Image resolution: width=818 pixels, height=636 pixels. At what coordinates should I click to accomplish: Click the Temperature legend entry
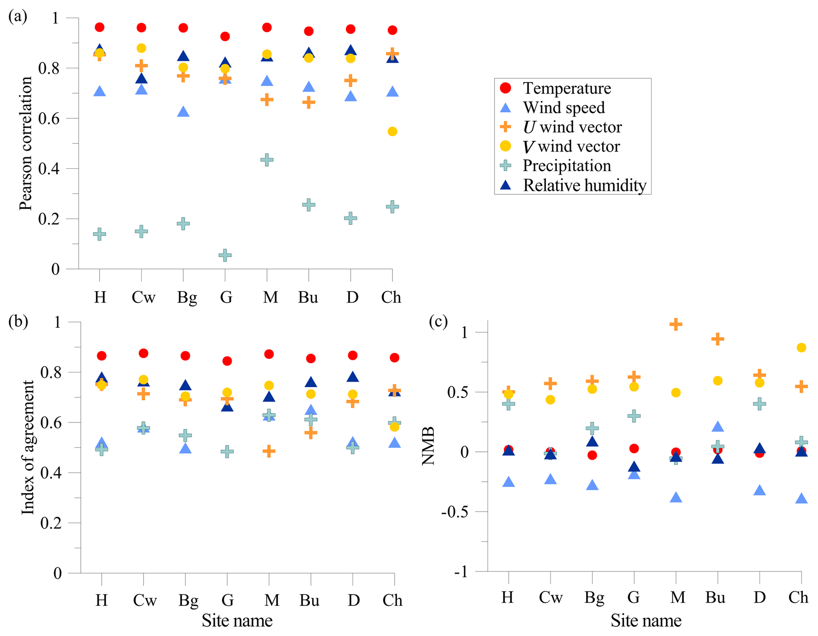(566, 88)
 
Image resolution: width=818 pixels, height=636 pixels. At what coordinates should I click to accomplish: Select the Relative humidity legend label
(584, 185)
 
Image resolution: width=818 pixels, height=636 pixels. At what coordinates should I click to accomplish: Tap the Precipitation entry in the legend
(566, 166)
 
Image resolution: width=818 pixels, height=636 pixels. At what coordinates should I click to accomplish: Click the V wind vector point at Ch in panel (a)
(392, 131)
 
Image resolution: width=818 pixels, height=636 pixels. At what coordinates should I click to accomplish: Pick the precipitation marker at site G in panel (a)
(225, 255)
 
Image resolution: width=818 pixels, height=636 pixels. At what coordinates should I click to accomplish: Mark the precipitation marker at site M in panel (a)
(267, 160)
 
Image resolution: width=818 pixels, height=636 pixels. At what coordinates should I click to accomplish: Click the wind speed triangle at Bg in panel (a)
(183, 112)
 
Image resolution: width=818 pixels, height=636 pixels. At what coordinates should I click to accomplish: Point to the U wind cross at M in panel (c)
(676, 324)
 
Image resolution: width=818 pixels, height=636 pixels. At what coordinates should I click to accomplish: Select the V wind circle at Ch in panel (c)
(801, 348)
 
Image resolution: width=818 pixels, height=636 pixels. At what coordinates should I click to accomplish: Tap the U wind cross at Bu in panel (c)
(717, 339)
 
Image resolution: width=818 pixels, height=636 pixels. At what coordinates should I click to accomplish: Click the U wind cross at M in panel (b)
(269, 451)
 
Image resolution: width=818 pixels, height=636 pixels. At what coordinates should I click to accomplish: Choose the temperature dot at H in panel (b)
(102, 356)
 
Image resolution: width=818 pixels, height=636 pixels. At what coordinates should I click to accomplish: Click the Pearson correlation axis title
(26, 143)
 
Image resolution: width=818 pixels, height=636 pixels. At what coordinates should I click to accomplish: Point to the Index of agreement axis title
(28, 447)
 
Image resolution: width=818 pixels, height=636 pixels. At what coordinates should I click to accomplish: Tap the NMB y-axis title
(429, 446)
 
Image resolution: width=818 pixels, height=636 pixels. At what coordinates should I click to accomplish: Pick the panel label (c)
(438, 322)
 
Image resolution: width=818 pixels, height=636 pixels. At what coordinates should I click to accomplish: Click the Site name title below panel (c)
(646, 621)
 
